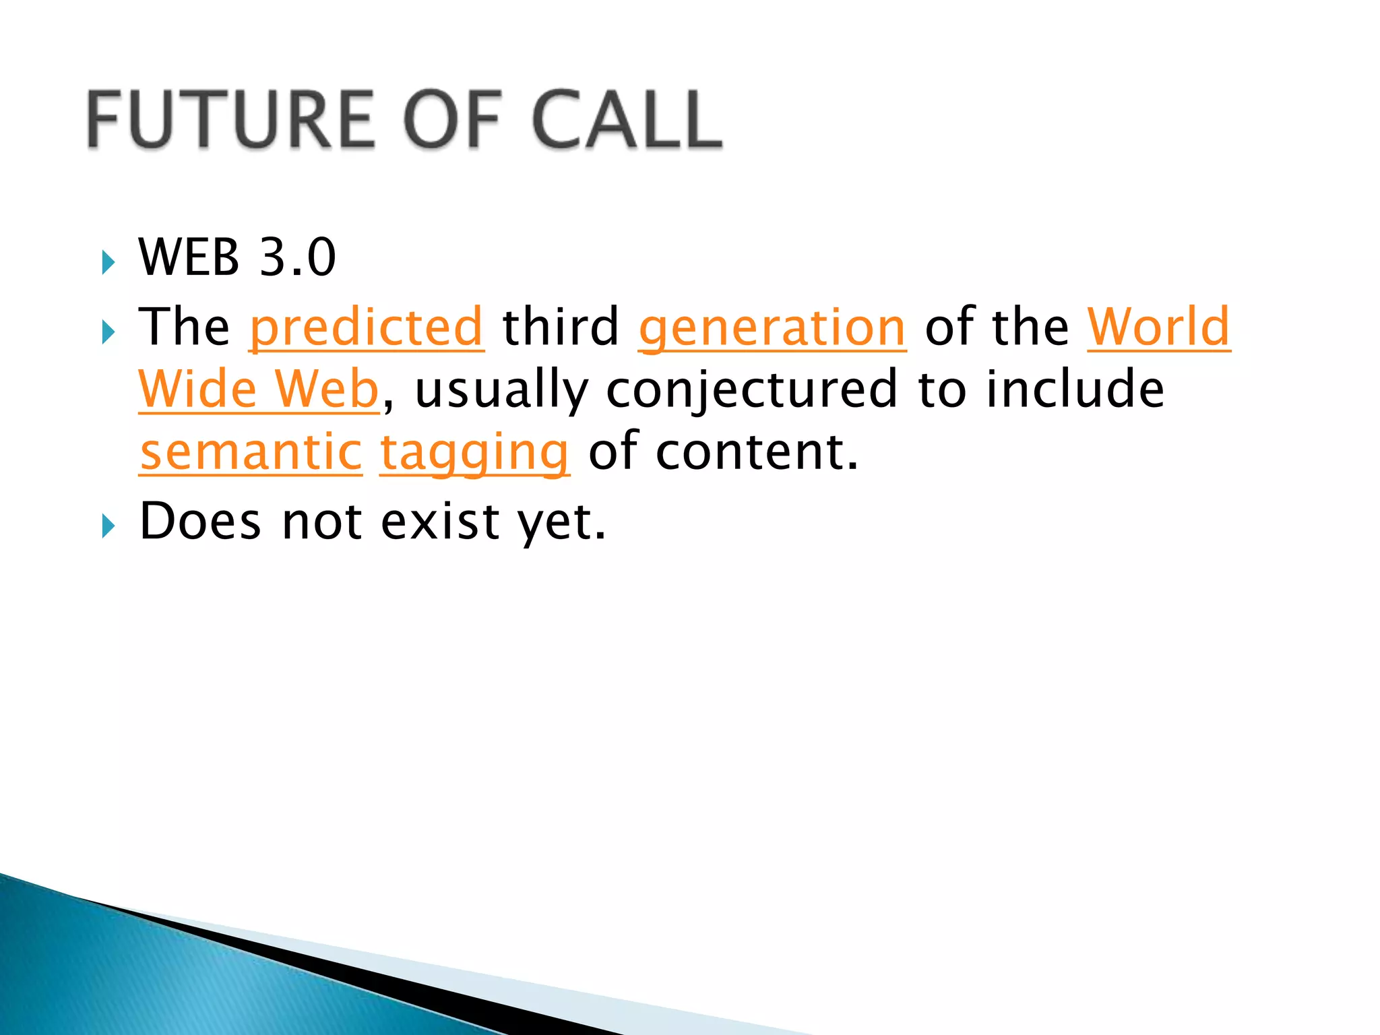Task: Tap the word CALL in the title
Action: point(627,120)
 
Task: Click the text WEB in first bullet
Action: point(189,257)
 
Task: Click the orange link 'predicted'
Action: point(367,327)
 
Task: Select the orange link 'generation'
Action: point(772,327)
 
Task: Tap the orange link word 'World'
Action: point(1159,327)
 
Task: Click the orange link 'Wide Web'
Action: point(259,389)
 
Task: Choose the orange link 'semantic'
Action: point(251,452)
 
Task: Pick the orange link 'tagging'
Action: point(475,452)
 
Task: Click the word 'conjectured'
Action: point(752,389)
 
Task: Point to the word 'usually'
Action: point(501,389)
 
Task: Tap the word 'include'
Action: point(1075,389)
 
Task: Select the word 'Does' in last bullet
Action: point(200,522)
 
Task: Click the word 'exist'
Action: point(440,522)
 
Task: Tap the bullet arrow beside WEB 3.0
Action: point(108,262)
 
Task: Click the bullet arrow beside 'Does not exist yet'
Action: point(108,526)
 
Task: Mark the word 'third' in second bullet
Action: point(561,327)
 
